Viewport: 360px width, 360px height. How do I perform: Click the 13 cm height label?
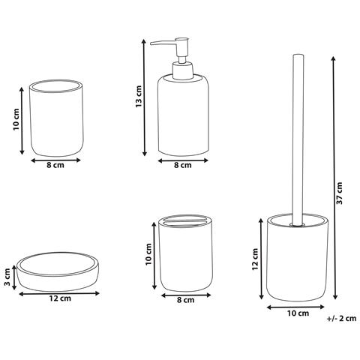[x=139, y=97]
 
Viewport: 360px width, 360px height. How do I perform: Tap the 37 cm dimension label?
[x=340, y=193]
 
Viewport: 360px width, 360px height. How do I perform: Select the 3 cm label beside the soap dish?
[x=7, y=277]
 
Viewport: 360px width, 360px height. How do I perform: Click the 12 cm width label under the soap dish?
[x=60, y=298]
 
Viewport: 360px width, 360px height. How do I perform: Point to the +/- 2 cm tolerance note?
[x=341, y=319]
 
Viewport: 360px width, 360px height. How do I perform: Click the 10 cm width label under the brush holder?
[x=298, y=313]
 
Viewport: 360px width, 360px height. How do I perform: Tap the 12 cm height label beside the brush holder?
[x=255, y=259]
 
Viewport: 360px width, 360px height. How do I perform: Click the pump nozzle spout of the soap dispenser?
[x=163, y=43]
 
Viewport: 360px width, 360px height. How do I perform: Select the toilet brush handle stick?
[x=298, y=139]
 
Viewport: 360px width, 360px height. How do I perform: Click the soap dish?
[x=58, y=271]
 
